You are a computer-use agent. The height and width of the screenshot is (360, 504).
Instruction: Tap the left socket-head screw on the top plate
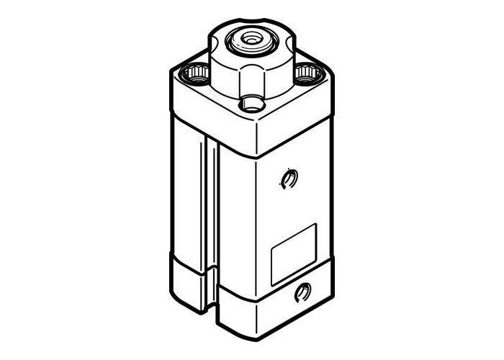point(195,71)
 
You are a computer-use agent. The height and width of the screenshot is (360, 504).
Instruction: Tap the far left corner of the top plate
point(171,70)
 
